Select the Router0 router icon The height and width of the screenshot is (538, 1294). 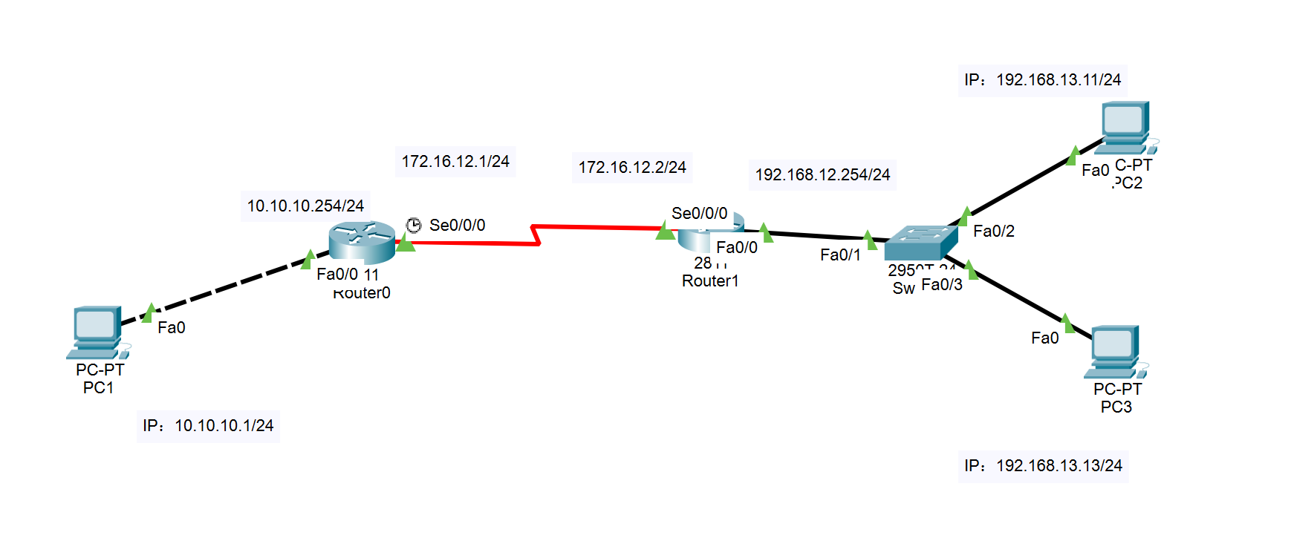(x=362, y=241)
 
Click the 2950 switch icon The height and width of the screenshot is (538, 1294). (x=920, y=243)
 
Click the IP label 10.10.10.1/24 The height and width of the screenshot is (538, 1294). (x=208, y=426)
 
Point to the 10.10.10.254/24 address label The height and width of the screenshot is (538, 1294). (x=305, y=206)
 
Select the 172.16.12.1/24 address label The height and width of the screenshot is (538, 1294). (x=455, y=161)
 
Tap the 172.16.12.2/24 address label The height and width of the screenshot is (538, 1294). (x=632, y=167)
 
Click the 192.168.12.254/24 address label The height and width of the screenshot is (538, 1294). (x=822, y=174)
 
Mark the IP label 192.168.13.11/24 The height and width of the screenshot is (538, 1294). (x=1043, y=80)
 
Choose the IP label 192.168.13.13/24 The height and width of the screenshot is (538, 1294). (x=1044, y=466)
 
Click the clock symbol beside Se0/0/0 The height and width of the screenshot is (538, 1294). (x=414, y=225)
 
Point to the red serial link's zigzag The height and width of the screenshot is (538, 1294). (x=536, y=234)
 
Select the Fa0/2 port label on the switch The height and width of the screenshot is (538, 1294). (x=993, y=232)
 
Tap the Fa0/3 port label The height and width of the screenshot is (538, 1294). (x=941, y=285)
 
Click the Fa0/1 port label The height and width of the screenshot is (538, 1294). (x=840, y=255)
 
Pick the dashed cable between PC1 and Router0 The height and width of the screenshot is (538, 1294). (x=223, y=286)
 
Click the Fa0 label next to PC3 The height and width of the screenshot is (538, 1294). (x=1044, y=338)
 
